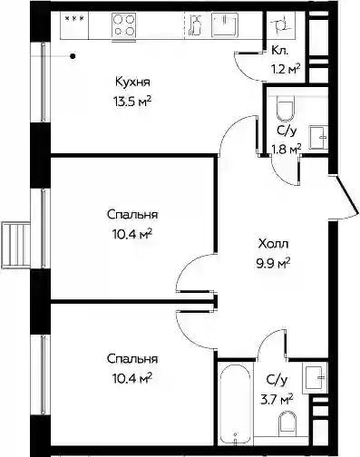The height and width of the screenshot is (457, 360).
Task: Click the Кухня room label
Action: pos(132,82)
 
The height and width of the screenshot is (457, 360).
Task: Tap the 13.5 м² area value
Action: pos(132,102)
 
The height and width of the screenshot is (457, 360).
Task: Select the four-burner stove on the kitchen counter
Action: pos(123,24)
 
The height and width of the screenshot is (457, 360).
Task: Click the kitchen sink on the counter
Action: pos(224,24)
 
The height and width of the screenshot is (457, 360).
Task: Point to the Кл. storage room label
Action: pos(279,51)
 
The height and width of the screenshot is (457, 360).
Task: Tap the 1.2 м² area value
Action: pos(286,70)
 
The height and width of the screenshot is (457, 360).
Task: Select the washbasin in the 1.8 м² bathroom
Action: pos(318,138)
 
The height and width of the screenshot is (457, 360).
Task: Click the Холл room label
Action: pos(274,244)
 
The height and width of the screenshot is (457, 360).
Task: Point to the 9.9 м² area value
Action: pos(273,263)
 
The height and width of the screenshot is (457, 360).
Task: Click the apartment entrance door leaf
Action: pos(347,194)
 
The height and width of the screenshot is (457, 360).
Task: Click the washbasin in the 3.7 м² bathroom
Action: pos(315,377)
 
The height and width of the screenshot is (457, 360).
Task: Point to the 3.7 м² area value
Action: pos(277,400)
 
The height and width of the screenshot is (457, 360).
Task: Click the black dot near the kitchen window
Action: pos(73,56)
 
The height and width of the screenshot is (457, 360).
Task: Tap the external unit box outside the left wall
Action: pos(15,245)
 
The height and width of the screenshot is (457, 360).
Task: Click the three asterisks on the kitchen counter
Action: pos(74,18)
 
